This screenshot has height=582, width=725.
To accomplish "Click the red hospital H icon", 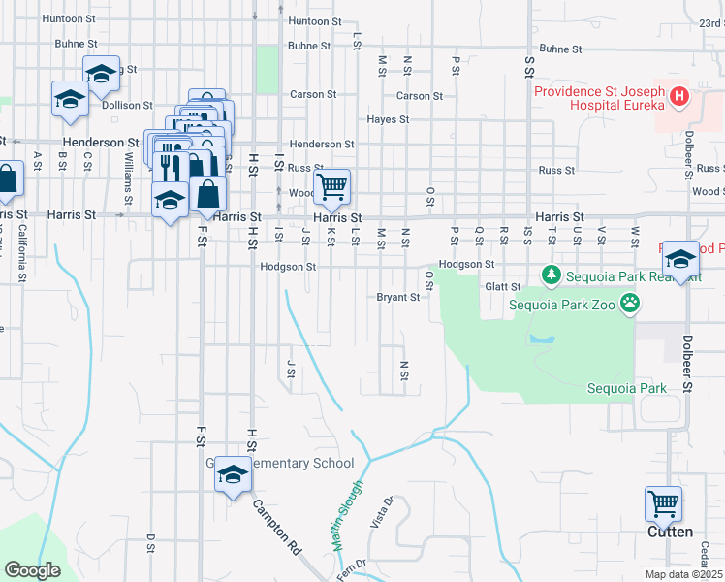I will point(679,96).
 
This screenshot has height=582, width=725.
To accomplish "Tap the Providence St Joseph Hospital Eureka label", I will point(599,100).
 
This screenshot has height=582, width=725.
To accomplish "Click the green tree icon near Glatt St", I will point(552,275).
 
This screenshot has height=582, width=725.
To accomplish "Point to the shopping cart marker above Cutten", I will point(664,504).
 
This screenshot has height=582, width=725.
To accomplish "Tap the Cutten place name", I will point(670,532).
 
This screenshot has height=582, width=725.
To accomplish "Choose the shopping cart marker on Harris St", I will point(331,186).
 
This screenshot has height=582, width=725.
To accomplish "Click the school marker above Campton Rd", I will point(233,474).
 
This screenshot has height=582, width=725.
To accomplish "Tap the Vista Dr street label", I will point(380,512).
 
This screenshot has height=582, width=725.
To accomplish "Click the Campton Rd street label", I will point(276,526).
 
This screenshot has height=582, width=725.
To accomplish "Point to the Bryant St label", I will point(397,298).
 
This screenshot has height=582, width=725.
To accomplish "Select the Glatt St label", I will point(502,286).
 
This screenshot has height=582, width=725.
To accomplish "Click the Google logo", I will point(32,570).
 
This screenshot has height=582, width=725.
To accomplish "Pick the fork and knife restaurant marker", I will point(171,167).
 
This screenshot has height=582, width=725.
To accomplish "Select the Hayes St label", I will point(388,120).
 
